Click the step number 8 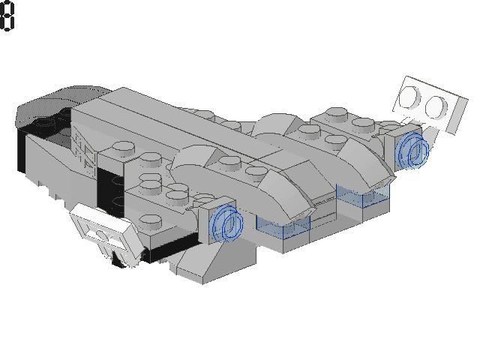tap(7, 16)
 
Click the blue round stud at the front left tap(226, 223)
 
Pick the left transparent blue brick tap(283, 226)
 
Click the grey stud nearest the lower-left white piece tap(151, 221)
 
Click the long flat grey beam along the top tap(172, 120)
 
